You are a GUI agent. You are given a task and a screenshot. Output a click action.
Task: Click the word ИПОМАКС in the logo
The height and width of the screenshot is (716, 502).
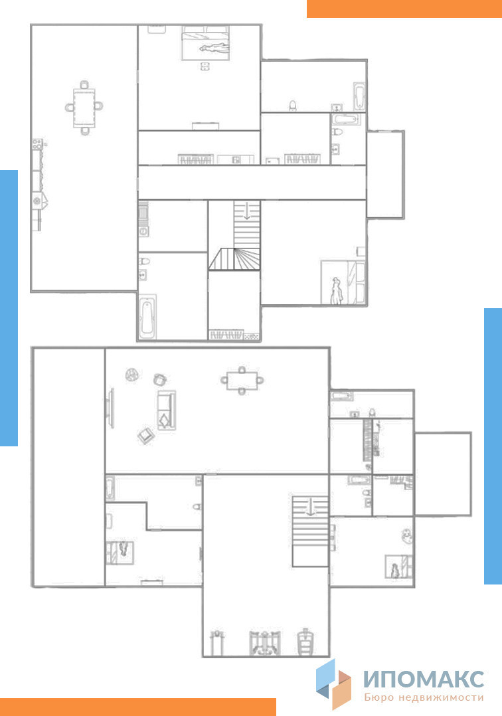click(424, 679)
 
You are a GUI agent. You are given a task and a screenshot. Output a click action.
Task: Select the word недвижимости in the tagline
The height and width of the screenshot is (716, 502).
click(441, 697)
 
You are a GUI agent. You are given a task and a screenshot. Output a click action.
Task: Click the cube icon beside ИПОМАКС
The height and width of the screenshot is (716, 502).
click(333, 683)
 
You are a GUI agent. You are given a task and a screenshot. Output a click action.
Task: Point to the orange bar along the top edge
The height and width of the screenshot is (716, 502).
click(404, 9)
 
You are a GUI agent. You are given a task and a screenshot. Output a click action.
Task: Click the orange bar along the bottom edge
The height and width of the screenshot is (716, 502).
click(138, 707)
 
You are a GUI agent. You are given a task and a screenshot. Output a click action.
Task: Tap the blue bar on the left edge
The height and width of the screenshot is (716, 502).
click(9, 308)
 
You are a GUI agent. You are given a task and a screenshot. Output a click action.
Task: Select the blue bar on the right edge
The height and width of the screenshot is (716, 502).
click(493, 446)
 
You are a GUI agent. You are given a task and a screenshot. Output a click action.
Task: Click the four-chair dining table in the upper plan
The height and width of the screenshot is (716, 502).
click(84, 108)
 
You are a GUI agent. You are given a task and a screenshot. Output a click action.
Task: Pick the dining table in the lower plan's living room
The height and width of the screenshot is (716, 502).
click(242, 380)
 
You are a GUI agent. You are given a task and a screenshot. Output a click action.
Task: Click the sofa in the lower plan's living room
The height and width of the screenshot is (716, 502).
click(167, 410)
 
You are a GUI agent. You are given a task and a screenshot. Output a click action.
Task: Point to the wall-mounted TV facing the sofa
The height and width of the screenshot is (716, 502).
click(110, 408)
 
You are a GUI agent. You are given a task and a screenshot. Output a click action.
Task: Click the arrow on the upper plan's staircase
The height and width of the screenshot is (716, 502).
click(247, 211)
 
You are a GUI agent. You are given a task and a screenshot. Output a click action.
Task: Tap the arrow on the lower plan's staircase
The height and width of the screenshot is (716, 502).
click(311, 506)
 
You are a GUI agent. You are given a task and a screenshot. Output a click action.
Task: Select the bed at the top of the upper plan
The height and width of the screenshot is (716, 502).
click(205, 43)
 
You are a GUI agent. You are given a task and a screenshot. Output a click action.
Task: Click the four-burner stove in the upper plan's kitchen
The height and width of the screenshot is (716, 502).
click(37, 144)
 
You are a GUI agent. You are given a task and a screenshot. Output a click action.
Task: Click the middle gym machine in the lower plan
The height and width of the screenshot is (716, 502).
click(264, 644)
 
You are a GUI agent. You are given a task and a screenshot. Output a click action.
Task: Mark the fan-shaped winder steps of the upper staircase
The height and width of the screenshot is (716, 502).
click(235, 259)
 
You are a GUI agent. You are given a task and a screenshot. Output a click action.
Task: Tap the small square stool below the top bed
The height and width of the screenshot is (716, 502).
click(205, 66)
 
